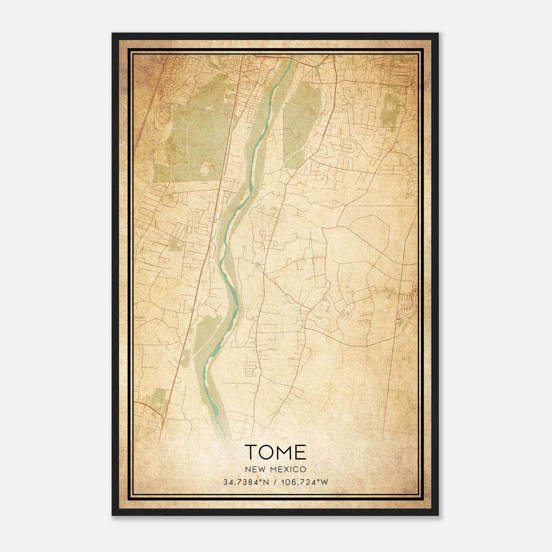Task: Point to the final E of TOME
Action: (x=301, y=452)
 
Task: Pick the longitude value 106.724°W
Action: (x=305, y=482)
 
